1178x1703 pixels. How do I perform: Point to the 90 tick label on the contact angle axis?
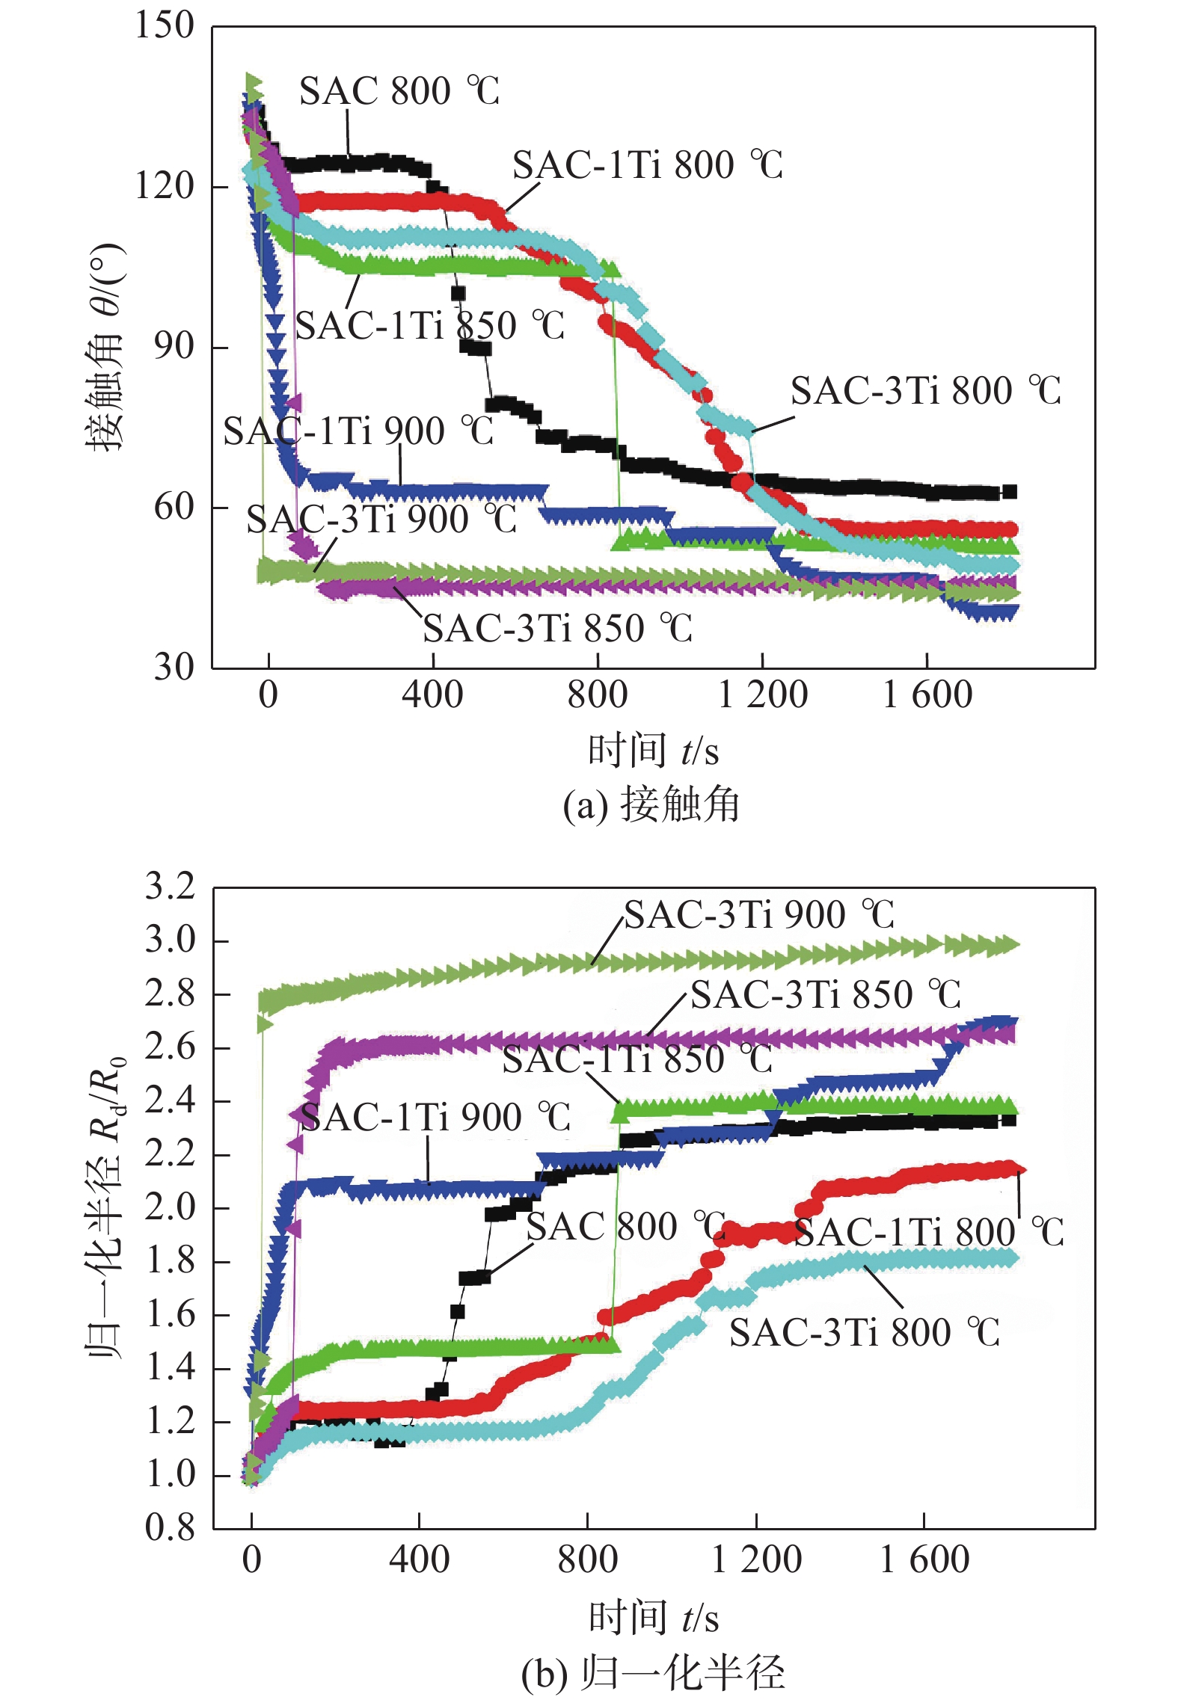174,346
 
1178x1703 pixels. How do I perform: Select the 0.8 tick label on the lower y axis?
170,1528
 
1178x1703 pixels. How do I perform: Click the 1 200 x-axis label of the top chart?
762,695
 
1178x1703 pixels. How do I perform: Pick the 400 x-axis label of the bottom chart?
419,1560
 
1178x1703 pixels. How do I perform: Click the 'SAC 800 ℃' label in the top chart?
399,91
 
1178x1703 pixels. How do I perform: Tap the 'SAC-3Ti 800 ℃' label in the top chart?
926,391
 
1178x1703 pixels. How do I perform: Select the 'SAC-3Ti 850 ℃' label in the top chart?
557,629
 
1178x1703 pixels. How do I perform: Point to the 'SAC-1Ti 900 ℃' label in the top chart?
358,431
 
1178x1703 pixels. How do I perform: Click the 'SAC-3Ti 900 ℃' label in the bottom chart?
759,915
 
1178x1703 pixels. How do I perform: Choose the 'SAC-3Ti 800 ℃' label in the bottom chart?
864,1333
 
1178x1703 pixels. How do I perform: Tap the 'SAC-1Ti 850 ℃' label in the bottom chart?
637,1059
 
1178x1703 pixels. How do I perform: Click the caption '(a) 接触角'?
651,806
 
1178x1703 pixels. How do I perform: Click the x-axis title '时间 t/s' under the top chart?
652,751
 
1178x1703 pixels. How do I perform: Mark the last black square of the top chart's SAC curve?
1009,492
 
